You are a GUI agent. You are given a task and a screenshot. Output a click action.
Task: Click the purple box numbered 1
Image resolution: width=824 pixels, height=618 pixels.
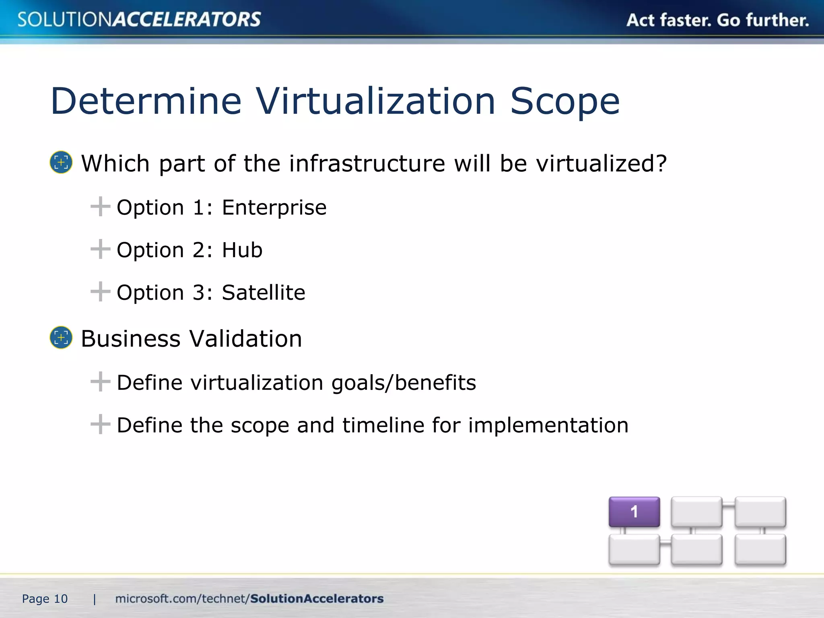coord(634,512)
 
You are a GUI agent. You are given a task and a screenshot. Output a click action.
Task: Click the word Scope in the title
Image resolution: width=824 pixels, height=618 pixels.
coord(565,101)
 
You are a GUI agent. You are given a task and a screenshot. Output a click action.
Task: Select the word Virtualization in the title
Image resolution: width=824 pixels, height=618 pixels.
coord(375,101)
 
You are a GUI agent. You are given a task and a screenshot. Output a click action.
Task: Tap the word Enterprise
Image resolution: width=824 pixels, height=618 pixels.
coord(274,208)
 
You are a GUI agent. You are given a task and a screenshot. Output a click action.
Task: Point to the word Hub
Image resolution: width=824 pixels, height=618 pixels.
coord(242,250)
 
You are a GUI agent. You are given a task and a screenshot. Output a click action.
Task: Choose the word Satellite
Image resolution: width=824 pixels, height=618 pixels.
coord(264,293)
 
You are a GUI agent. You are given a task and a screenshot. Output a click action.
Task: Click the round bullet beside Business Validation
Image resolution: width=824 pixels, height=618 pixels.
coord(61,338)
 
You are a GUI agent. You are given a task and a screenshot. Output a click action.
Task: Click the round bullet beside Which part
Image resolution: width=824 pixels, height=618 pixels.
coord(61,163)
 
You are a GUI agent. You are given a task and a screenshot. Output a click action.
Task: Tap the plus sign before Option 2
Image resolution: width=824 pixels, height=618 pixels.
coord(100,249)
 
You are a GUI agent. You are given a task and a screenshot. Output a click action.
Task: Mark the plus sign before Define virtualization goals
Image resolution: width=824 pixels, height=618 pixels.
coord(100,381)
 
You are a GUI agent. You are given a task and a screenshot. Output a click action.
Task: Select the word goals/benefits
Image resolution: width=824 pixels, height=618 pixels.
coord(404,383)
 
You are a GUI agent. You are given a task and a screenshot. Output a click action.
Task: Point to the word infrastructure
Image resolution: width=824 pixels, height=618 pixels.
coord(367,164)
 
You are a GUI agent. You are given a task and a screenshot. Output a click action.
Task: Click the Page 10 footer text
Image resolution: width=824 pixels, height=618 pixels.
coord(45,599)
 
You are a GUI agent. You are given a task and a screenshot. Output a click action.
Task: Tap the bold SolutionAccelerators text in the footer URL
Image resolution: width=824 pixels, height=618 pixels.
coord(317,599)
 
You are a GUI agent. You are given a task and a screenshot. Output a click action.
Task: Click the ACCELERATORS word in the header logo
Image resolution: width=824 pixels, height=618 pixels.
coord(186,20)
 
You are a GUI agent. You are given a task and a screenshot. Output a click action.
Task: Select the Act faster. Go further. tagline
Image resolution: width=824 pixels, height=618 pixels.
coord(717,20)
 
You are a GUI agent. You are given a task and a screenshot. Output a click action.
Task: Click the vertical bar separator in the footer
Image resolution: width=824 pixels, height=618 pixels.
coord(95,599)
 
